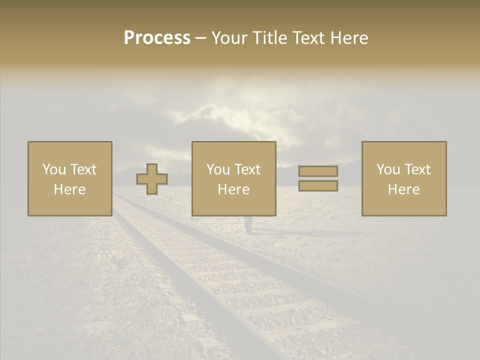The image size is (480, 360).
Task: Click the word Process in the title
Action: (x=157, y=38)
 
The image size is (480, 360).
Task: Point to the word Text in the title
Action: (x=311, y=38)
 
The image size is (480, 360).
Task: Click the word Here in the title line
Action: (x=349, y=38)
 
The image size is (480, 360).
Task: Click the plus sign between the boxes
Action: (x=152, y=179)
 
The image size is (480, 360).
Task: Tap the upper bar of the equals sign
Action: (x=318, y=171)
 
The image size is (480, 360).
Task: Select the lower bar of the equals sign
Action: (x=318, y=186)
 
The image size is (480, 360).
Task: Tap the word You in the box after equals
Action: (x=388, y=169)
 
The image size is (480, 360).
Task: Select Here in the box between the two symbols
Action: (x=234, y=189)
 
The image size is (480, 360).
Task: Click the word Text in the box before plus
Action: (x=83, y=169)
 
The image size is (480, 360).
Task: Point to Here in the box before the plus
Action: (x=70, y=189)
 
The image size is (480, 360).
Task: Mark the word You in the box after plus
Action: (x=218, y=169)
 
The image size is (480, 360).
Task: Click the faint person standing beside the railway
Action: (x=248, y=224)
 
